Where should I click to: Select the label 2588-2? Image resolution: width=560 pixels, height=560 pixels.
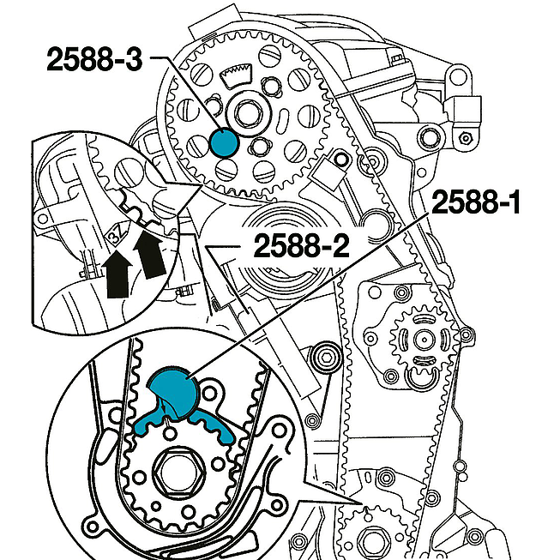coord(300,247)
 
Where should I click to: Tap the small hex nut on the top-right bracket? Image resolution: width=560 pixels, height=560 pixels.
coord(467,137)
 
